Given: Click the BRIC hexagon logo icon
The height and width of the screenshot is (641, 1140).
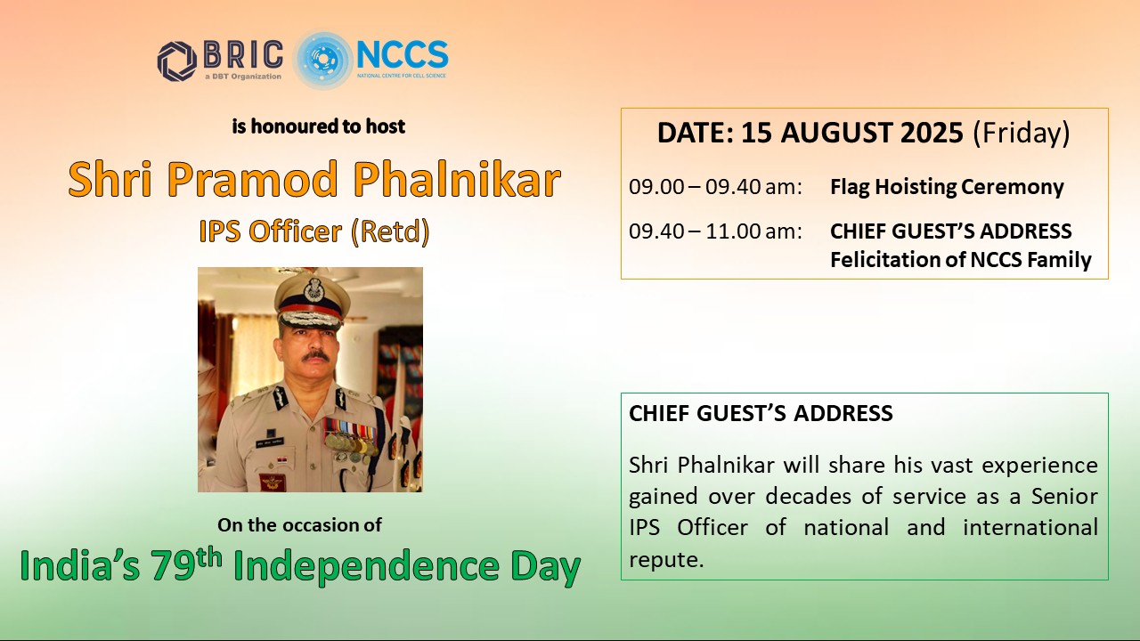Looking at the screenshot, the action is [177, 61].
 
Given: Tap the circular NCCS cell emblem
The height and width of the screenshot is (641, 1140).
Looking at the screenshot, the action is [322, 60].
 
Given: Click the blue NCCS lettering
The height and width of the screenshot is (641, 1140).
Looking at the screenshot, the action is [402, 55].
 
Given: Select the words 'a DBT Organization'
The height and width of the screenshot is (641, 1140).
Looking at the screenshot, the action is [243, 77].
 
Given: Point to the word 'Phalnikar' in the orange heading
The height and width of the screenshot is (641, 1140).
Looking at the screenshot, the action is [458, 179].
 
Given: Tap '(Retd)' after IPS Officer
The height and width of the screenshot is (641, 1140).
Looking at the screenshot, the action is [390, 232].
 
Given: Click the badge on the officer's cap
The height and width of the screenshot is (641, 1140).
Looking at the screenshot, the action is [314, 289].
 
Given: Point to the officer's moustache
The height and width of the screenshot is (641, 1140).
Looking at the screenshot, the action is [315, 356].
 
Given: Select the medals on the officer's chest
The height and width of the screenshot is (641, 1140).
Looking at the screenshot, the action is [351, 439].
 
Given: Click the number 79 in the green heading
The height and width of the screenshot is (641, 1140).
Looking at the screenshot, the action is [173, 566].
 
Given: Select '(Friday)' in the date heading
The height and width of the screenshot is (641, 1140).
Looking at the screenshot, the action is [1022, 134].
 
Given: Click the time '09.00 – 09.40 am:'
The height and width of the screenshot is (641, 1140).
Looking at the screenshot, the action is [715, 187].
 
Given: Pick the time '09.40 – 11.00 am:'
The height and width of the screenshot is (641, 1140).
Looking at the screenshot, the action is [715, 231].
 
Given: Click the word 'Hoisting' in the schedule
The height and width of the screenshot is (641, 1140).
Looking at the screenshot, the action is [910, 188].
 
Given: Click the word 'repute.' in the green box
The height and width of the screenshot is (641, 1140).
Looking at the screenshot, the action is [666, 560].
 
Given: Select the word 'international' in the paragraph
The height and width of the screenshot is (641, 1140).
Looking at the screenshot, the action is [1030, 527].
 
